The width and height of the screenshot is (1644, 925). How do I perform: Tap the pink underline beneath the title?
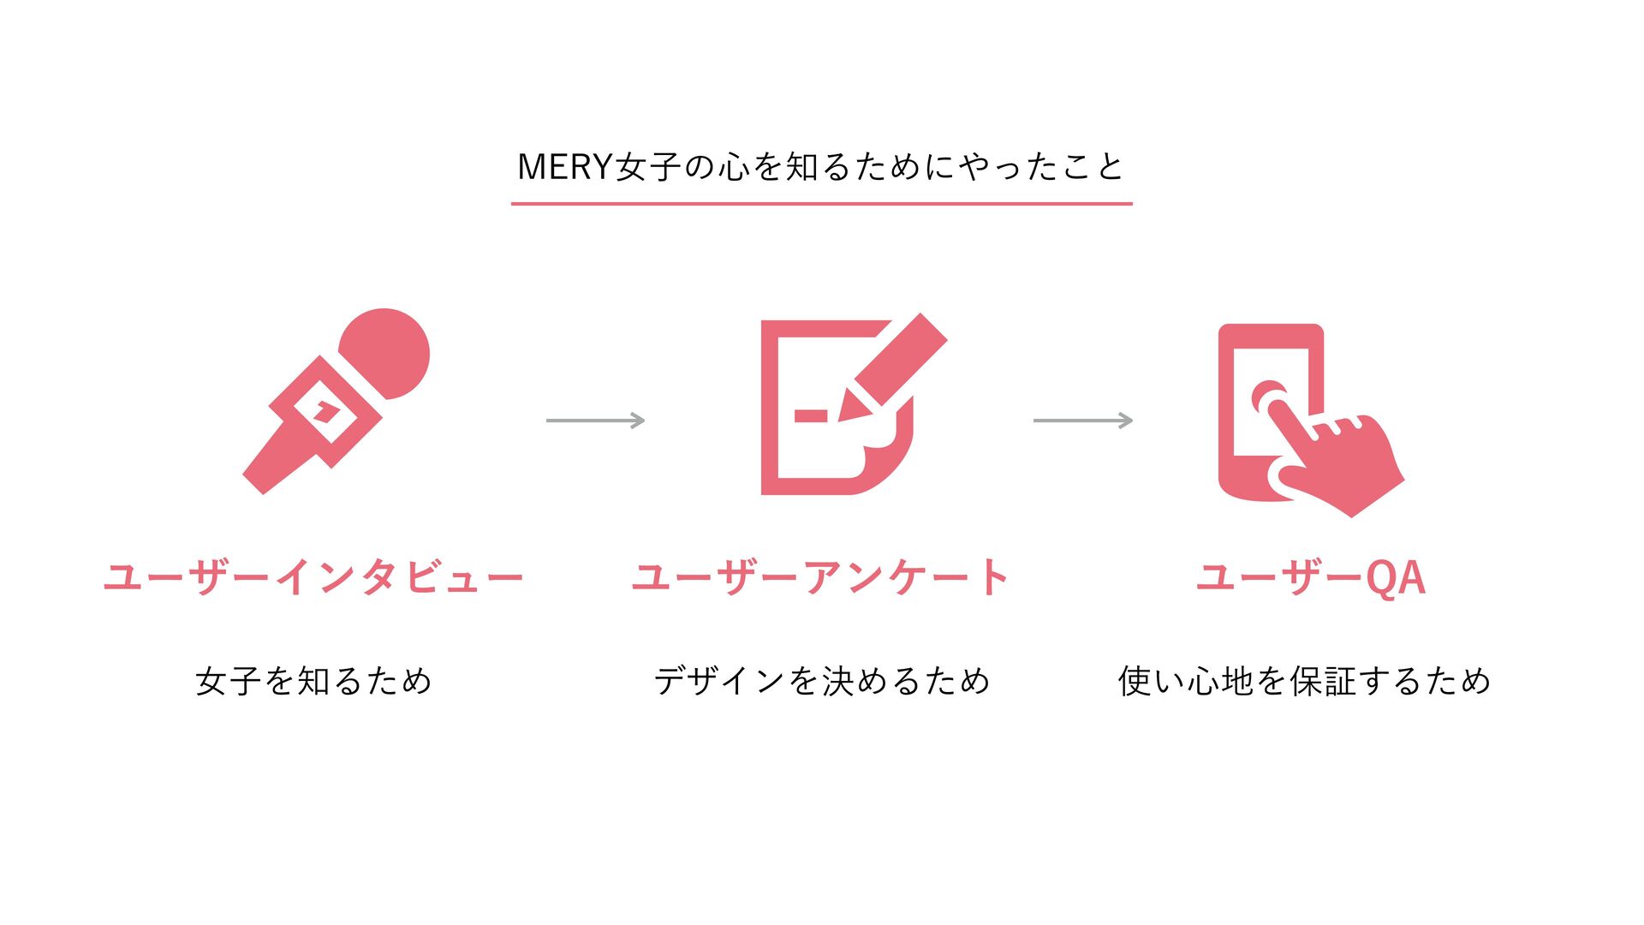click(821, 204)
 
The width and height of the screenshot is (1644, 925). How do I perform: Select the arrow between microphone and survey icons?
click(595, 421)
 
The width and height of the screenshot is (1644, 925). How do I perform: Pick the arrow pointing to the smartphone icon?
click(1082, 421)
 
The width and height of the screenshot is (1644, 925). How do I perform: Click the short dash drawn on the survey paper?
click(810, 416)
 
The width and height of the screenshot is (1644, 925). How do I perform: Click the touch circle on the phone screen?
click(1270, 397)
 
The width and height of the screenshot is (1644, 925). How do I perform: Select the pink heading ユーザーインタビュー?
click(313, 577)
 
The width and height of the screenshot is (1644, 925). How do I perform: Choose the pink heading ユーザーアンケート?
click(820, 577)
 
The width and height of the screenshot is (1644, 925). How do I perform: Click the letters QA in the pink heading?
click(1395, 577)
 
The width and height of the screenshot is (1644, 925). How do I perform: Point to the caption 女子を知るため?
click(313, 682)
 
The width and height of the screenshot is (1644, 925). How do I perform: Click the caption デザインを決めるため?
click(821, 682)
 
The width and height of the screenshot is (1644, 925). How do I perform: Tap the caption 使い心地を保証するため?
click(1304, 682)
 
